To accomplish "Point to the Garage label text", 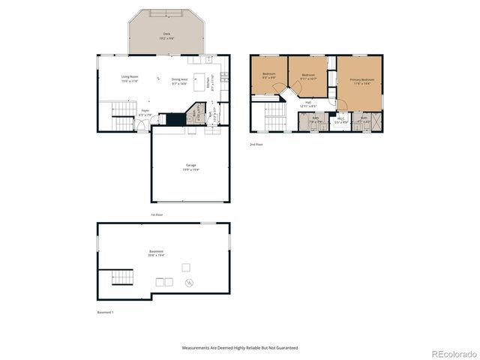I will point(191,167).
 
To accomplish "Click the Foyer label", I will point(145,112).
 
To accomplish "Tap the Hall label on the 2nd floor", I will point(308,104).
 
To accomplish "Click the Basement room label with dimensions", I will point(156,253).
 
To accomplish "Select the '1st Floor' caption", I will point(157,214).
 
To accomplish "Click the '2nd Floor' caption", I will point(256,144).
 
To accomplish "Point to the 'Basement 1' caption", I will point(106,312).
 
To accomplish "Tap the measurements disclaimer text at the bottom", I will point(240,348).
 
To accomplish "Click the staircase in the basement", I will point(117,278).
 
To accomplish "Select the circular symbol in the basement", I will point(190,282).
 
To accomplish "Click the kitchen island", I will point(179,74).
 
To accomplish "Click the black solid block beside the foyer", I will point(175,120).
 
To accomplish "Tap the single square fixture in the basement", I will point(187,267).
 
